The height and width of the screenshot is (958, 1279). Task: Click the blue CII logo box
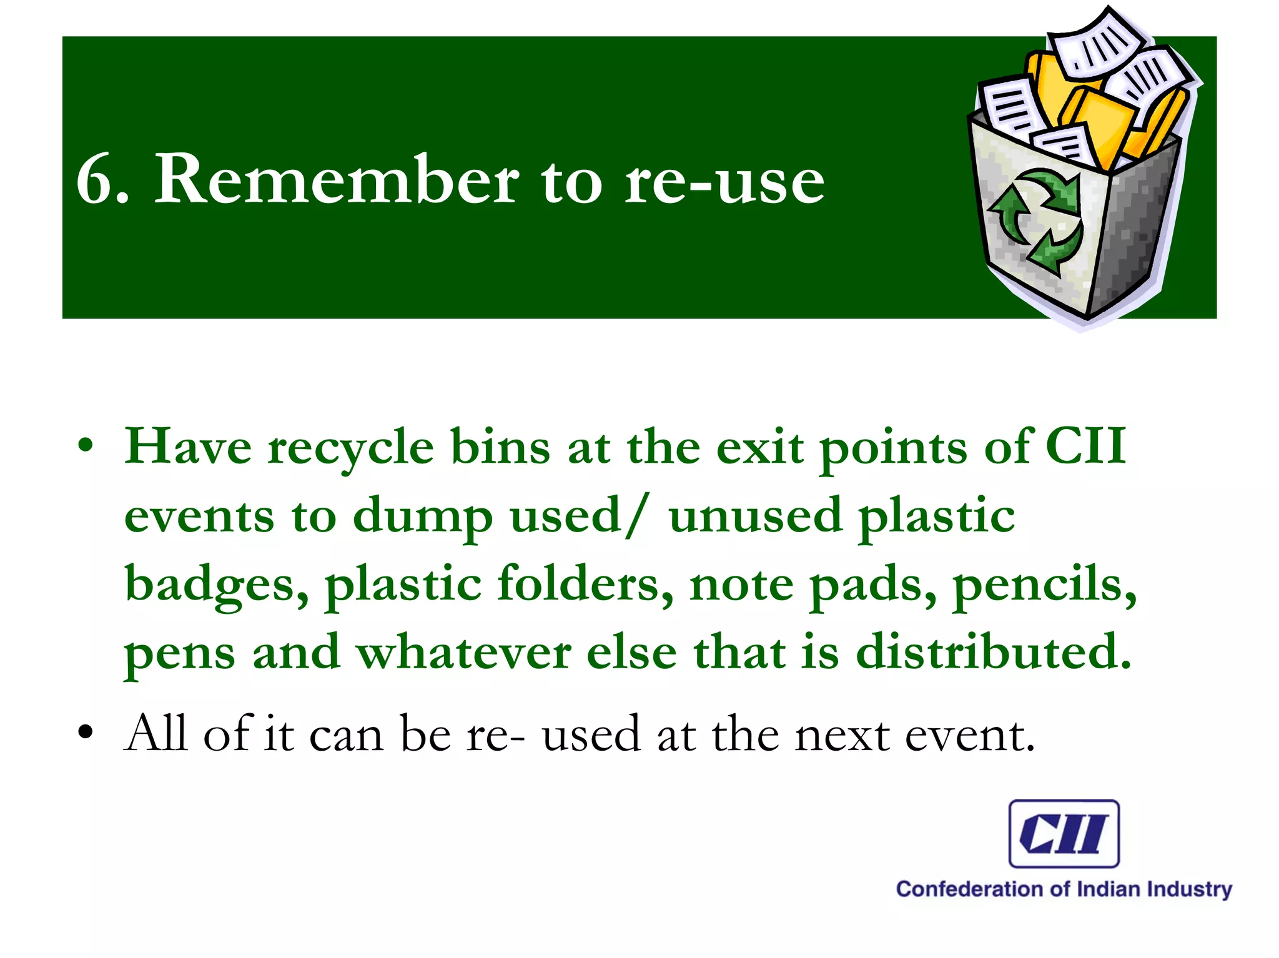pos(1064,834)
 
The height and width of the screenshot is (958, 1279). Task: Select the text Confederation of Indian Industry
pos(1064,889)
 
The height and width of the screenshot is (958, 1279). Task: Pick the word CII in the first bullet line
pos(1085,446)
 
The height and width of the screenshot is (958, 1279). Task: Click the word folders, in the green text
pos(585,585)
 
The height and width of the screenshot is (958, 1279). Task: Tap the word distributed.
pos(993,652)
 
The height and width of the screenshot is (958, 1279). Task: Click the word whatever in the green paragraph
pos(463,652)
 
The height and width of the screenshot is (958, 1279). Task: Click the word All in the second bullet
pos(156,733)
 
